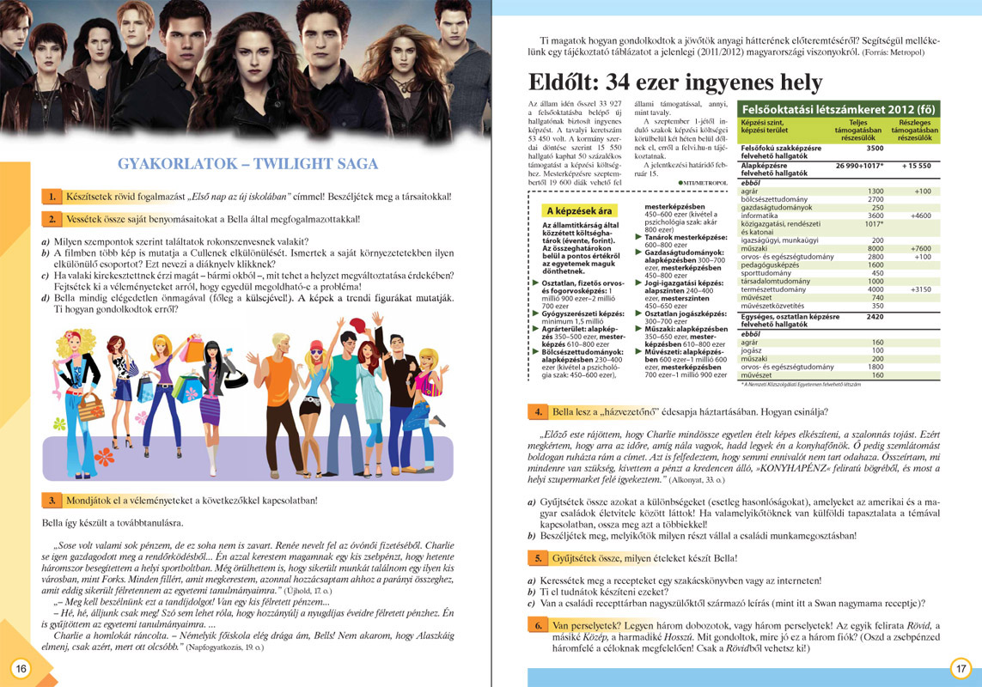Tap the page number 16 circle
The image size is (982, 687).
click(21, 668)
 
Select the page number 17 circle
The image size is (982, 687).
click(961, 668)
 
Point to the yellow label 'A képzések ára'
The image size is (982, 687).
click(581, 210)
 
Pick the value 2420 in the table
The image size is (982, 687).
click(873, 317)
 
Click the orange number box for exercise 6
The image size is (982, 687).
click(536, 625)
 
